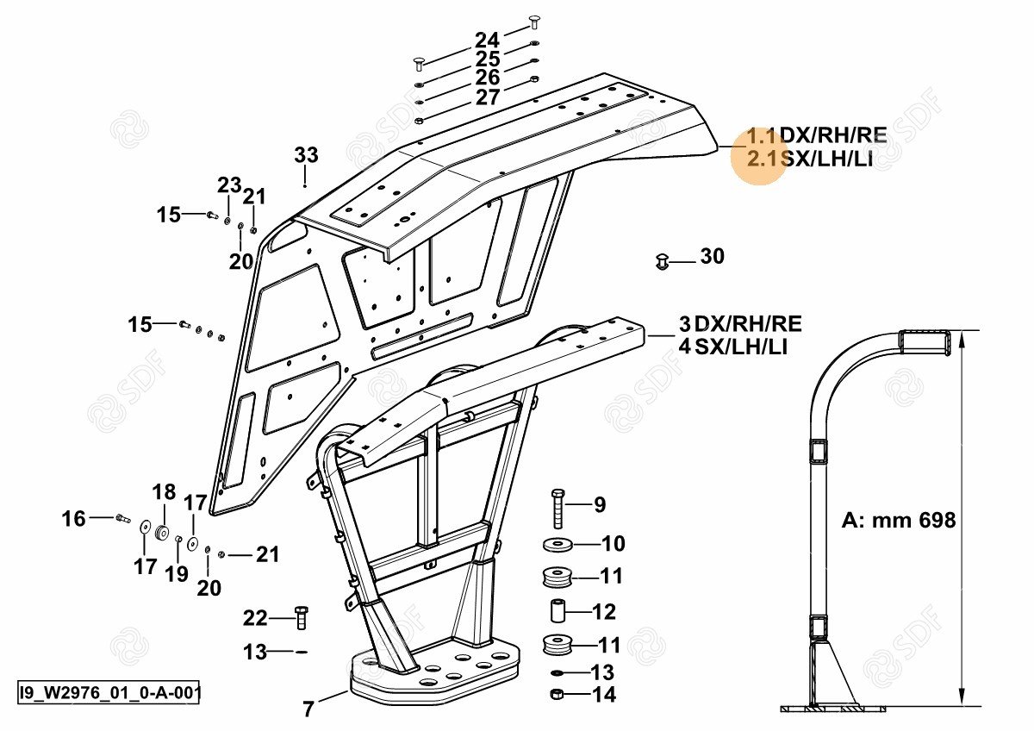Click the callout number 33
pos(306,155)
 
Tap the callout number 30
pos(712,256)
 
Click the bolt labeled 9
pos(557,507)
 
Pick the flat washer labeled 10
pos(560,545)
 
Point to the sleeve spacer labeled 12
pos(557,610)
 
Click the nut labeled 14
pos(557,694)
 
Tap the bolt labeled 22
pos(301,617)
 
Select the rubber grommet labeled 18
pos(161,527)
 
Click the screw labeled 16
pos(121,518)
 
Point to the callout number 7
pos(308,709)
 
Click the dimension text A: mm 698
pos(899,521)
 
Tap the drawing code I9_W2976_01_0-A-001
pos(109,692)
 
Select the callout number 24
pos(487,40)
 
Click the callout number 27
pos(488,97)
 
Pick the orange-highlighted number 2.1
pos(763,158)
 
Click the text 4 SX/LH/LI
pos(733,347)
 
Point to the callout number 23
pos(228,185)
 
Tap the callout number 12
pos(604,612)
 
